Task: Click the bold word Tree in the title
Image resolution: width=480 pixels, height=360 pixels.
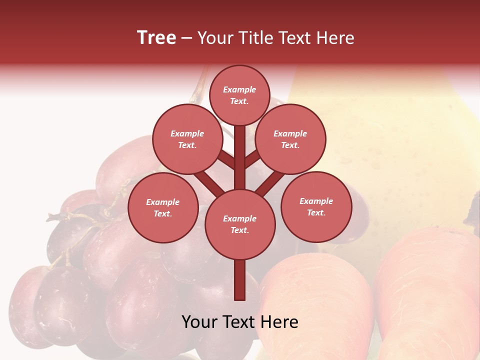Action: [x=156, y=38]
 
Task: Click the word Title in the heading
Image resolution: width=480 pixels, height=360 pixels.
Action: [x=254, y=38]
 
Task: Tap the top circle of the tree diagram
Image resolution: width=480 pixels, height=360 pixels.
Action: [x=239, y=95]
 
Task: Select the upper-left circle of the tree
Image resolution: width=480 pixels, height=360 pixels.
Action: [x=187, y=139]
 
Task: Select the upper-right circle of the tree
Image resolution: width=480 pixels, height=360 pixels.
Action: [x=290, y=139]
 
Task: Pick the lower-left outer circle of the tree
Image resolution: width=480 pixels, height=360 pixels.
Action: [x=163, y=207]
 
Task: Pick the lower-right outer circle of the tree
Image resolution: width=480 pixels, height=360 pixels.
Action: [x=316, y=206]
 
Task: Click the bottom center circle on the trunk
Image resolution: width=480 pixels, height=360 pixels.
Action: [x=240, y=224]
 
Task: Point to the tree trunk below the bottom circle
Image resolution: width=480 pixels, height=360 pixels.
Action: [x=240, y=280]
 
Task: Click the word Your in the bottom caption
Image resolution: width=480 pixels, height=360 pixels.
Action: [x=199, y=322]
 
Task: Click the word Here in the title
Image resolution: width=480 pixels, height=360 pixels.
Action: [x=336, y=38]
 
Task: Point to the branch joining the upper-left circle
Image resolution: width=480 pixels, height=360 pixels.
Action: [x=226, y=160]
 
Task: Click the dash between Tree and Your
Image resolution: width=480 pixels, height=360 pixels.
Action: [x=186, y=38]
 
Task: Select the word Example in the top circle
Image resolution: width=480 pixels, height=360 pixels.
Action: [x=239, y=90]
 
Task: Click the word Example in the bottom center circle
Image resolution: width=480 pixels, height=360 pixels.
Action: [x=239, y=218]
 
